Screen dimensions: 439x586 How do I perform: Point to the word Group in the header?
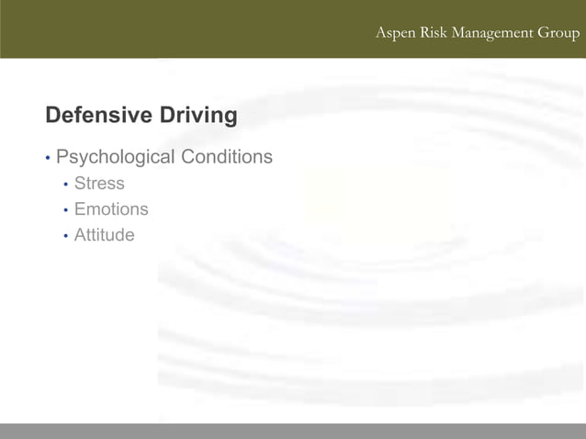pyautogui.click(x=559, y=34)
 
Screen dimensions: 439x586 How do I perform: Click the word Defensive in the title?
pyautogui.click(x=98, y=116)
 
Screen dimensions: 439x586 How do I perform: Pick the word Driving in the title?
pyautogui.click(x=198, y=116)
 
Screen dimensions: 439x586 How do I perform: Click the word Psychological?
pyautogui.click(x=115, y=157)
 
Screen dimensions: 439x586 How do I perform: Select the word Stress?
pyautogui.click(x=99, y=184)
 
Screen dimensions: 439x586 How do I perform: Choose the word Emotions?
pyautogui.click(x=111, y=209)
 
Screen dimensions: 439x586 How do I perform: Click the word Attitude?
pyautogui.click(x=104, y=235)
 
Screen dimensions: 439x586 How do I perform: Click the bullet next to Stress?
pyautogui.click(x=65, y=185)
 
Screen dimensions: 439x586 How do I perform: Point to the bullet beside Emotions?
pyautogui.click(x=65, y=210)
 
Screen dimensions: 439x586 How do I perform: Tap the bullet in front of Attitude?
pyautogui.click(x=65, y=236)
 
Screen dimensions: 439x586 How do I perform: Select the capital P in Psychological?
pyautogui.click(x=62, y=157)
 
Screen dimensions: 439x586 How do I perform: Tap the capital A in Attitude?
pyautogui.click(x=81, y=235)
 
